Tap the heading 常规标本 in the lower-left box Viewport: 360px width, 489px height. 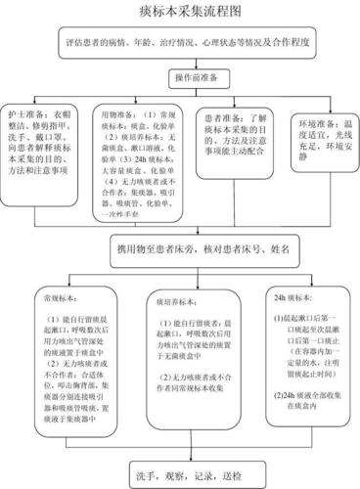(57, 291)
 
